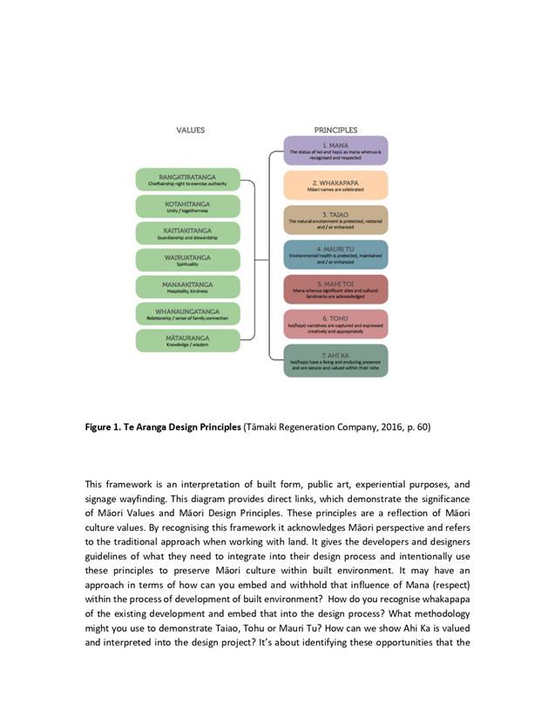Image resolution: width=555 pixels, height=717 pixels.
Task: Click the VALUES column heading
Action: [x=190, y=131]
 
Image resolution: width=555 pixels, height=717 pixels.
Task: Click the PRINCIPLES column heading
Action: [x=335, y=131]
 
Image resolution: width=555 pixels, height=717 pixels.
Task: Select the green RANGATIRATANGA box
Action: [x=187, y=179]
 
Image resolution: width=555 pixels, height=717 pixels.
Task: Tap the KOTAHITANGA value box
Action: [x=187, y=206]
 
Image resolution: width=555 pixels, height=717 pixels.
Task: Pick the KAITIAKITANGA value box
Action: [x=187, y=233]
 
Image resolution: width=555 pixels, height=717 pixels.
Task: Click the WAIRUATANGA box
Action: [x=187, y=260]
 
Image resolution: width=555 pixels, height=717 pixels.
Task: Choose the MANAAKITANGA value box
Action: [x=187, y=286]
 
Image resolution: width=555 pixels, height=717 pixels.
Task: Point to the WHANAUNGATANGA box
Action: [x=187, y=313]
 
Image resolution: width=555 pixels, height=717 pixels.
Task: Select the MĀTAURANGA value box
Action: [x=187, y=340]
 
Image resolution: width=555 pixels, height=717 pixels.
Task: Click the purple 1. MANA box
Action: [x=335, y=151]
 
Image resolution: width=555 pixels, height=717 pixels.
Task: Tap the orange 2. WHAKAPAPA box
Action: [x=335, y=185]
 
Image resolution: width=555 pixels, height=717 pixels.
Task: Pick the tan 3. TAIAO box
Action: [x=335, y=219]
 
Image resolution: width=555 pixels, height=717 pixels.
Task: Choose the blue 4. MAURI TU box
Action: [x=335, y=254]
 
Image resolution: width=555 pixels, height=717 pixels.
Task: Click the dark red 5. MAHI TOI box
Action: [x=335, y=289]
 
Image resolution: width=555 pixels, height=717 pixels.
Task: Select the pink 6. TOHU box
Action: [x=335, y=324]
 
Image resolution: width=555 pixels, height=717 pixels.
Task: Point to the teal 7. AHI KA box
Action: [x=335, y=360]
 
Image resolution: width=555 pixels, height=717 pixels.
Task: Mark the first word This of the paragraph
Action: [x=94, y=484]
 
